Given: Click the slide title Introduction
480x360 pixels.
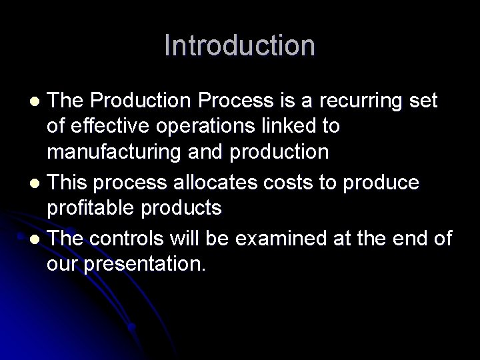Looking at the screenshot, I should tap(239, 45).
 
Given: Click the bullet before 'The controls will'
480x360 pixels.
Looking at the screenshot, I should tap(37, 239).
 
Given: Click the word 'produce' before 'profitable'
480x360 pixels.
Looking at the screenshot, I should tap(383, 182).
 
